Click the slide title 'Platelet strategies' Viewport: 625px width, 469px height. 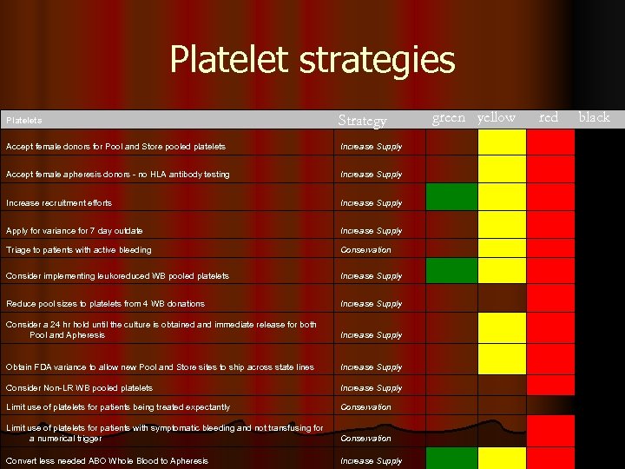point(312,60)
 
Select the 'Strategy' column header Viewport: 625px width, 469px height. point(362,121)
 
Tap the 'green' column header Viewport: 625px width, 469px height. point(449,118)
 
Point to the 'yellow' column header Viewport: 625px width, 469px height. point(497,118)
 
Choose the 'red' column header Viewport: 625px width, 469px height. point(549,118)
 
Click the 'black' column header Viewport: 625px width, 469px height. point(595,118)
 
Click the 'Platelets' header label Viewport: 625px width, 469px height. point(24,121)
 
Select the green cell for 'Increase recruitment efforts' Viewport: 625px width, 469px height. point(451,197)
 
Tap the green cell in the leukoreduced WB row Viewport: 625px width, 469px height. point(451,271)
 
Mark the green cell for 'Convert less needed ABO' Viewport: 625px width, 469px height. point(451,458)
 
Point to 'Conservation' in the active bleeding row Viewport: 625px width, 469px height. point(365,250)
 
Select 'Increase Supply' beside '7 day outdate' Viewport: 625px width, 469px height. point(371,231)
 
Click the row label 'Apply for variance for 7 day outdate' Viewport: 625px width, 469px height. point(74,231)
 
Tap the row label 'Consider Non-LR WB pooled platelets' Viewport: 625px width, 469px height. point(79,388)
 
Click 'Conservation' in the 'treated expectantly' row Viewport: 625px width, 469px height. point(365,407)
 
